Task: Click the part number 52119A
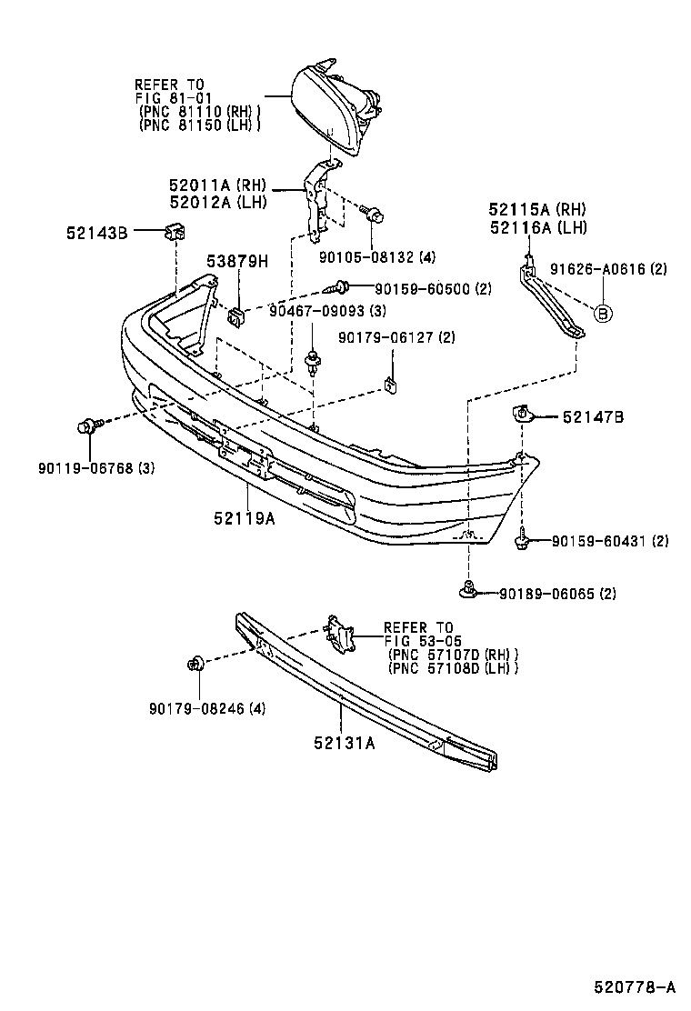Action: pos(245,518)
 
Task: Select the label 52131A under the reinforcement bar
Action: pos(345,742)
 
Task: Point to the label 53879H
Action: pos(238,262)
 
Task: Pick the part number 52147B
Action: pos(592,417)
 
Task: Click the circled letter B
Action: pos(602,314)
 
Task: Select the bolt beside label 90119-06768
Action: pos(87,425)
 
